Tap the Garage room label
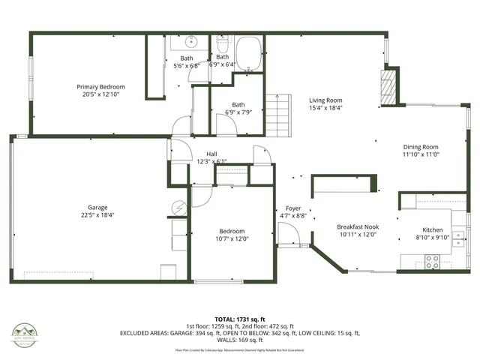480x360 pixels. [97, 207]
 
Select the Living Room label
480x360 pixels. [326, 100]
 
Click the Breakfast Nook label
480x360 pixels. [358, 226]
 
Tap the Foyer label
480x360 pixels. [293, 208]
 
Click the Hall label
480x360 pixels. [211, 154]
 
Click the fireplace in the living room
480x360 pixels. [388, 88]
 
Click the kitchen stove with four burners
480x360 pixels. [433, 262]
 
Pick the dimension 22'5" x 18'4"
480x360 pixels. [97, 214]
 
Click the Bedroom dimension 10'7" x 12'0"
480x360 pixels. [232, 238]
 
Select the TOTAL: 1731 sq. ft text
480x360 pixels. [240, 319]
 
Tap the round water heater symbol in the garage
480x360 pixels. [178, 208]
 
